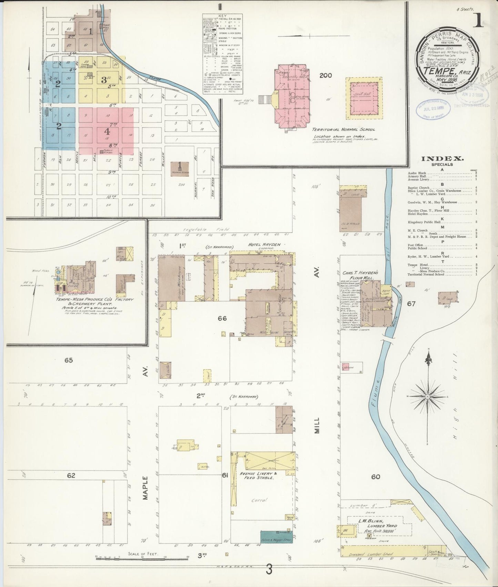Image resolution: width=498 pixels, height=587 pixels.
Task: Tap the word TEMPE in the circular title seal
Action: [x=437, y=71]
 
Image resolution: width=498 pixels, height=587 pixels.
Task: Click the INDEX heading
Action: [x=442, y=159]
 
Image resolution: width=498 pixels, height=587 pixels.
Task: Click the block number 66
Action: [x=222, y=318]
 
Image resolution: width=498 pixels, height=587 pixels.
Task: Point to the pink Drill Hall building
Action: [x=363, y=98]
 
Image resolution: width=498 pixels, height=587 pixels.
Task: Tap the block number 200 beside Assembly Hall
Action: [x=325, y=75]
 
